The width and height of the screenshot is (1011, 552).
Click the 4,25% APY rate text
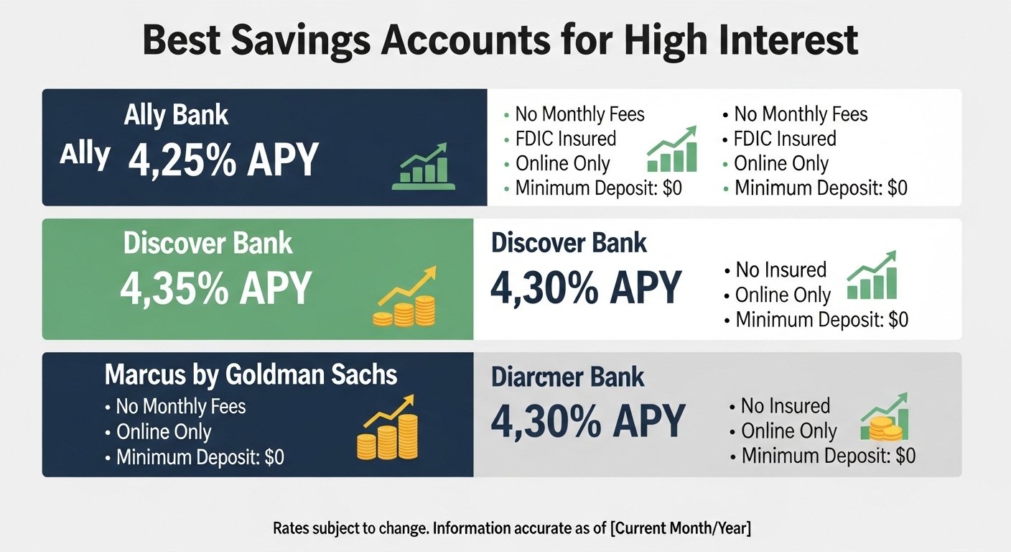click(223, 160)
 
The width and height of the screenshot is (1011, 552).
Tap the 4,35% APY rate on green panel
click(215, 288)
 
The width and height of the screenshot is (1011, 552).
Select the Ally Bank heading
click(176, 116)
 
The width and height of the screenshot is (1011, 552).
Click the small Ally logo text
click(85, 155)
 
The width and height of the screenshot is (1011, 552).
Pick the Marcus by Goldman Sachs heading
click(251, 375)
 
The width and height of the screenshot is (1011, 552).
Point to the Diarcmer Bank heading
click(567, 377)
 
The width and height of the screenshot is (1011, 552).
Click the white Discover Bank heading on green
click(208, 244)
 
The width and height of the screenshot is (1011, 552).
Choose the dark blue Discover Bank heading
click(569, 243)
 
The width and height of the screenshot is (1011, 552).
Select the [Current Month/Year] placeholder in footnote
click(681, 528)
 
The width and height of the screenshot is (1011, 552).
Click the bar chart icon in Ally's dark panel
click(424, 166)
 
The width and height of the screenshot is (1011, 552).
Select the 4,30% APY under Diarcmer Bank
click(588, 421)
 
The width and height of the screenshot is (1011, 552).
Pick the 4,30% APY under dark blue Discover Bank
click(586, 287)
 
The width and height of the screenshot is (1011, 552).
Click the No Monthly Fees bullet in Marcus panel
click(176, 407)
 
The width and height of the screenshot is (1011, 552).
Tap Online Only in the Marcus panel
click(159, 432)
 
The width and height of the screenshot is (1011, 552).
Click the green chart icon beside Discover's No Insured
click(872, 275)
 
